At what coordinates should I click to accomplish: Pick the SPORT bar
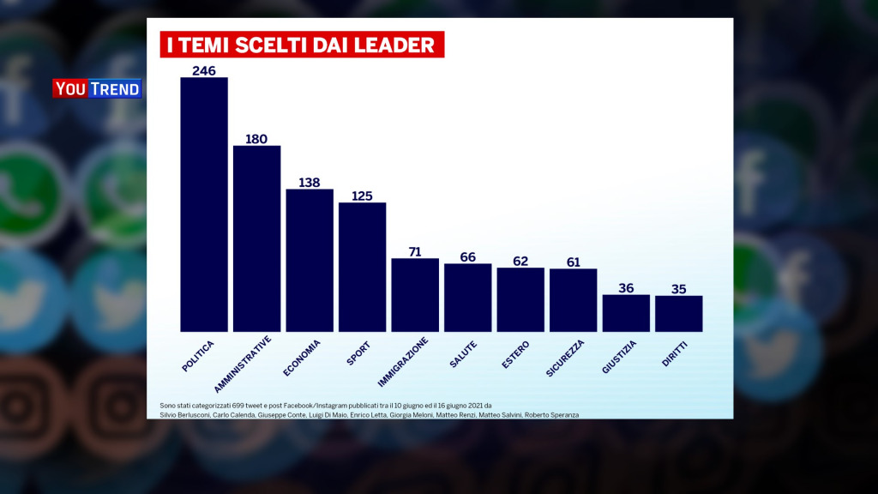point(363,267)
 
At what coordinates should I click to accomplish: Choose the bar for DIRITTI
point(679,313)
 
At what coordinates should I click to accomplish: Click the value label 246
point(204,70)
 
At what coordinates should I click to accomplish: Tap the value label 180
point(257,138)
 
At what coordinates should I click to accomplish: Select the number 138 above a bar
point(310,182)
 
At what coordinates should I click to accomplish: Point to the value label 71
point(415,251)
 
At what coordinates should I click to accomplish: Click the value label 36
point(626,288)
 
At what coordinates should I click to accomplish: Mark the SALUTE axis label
point(464,354)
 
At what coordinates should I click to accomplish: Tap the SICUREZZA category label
point(565,358)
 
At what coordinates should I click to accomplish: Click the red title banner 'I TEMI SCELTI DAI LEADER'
point(302,45)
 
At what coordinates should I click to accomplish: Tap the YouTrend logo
point(97,88)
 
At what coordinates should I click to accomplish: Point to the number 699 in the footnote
point(230,405)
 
